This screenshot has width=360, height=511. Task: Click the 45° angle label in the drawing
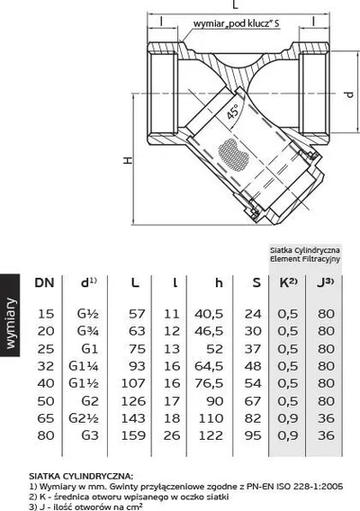(233, 112)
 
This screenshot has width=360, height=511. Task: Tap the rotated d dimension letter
(349, 94)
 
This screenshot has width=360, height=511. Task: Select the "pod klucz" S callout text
(237, 23)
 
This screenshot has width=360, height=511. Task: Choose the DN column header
(44, 282)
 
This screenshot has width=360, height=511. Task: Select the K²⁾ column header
(289, 282)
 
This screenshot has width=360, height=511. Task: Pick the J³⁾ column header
(326, 282)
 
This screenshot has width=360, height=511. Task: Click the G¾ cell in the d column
(87, 331)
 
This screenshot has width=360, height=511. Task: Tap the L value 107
(133, 383)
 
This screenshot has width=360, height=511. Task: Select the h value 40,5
(209, 314)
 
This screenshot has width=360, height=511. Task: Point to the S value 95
(253, 435)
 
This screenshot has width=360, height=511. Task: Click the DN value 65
(46, 418)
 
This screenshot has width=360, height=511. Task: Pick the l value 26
(172, 435)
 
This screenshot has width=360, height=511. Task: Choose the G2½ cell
(84, 418)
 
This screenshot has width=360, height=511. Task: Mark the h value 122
(211, 435)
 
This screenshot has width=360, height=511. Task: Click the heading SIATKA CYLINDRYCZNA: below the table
(81, 476)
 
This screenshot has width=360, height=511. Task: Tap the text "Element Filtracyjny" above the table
(305, 259)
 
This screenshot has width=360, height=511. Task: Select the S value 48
(253, 366)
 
